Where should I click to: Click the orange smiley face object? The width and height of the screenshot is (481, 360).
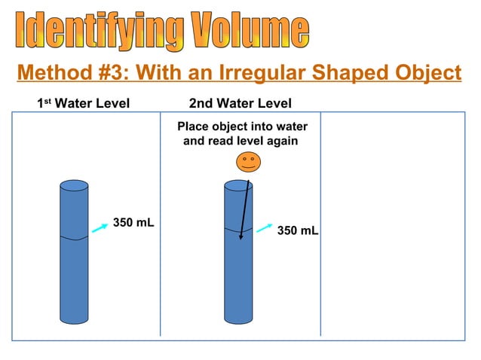tap(248, 162)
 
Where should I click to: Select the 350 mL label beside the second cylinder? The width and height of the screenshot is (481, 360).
tap(298, 230)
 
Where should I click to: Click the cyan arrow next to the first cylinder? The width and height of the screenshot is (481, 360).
tap(99, 229)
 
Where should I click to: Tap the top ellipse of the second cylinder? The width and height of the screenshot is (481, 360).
tap(238, 185)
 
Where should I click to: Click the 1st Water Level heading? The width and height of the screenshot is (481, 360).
tap(84, 103)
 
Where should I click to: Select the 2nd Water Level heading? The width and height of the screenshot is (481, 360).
tap(240, 103)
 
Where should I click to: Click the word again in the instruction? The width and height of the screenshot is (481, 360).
tap(280, 141)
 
